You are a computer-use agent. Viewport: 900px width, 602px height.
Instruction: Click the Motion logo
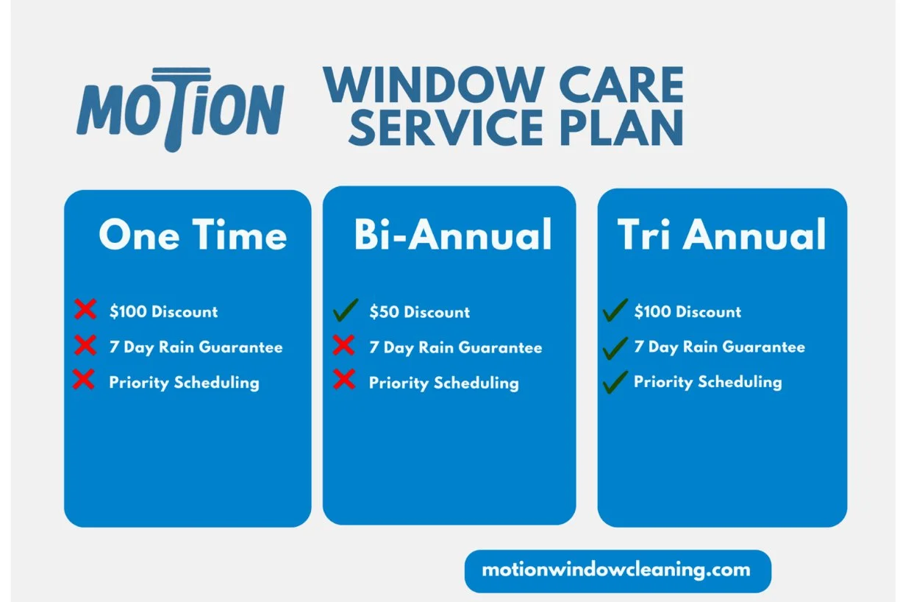[x=180, y=110]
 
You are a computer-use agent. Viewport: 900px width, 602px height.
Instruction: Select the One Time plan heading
[x=193, y=236]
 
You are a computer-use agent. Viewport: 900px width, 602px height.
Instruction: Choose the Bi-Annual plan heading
[x=453, y=236]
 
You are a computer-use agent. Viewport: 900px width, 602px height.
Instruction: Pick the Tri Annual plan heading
[x=721, y=236]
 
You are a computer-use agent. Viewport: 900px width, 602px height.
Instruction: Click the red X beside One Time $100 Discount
[x=85, y=309]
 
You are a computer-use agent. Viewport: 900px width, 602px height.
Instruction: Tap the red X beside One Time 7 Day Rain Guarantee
[x=85, y=345]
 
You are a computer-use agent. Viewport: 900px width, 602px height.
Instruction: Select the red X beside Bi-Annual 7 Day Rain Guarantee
[x=343, y=345]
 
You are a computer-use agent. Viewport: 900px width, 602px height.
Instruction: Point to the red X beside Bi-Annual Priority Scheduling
[x=343, y=380]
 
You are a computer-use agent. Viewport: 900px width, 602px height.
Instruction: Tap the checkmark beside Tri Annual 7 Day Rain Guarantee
[x=615, y=346]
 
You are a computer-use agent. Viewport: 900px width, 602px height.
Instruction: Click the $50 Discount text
[x=419, y=312]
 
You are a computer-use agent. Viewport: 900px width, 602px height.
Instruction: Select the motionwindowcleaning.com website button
[x=617, y=570]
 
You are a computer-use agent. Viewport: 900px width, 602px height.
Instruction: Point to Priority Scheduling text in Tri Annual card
[x=707, y=382]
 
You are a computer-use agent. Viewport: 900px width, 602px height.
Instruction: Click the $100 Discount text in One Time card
[x=163, y=311]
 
